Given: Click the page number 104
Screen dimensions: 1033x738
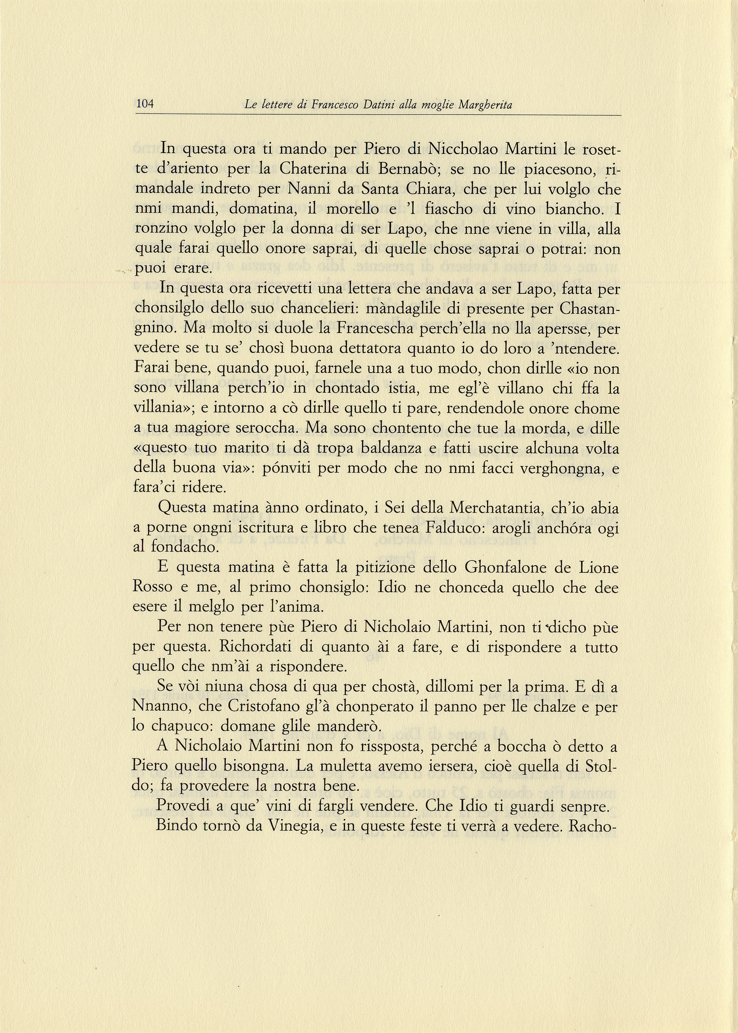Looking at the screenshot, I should pyautogui.click(x=145, y=104).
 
